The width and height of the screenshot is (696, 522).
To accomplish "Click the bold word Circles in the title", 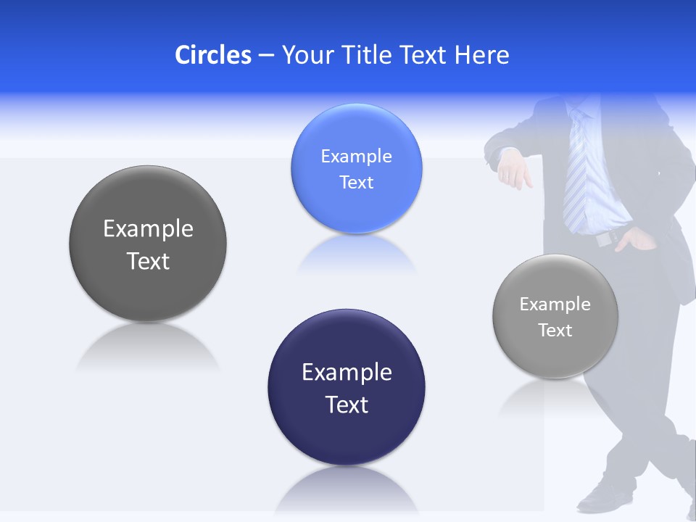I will [x=213, y=54].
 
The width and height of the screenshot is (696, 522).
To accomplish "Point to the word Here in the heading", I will [x=482, y=54].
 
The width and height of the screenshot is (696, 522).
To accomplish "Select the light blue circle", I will [x=356, y=168].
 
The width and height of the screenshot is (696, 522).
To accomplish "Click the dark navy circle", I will [x=347, y=387].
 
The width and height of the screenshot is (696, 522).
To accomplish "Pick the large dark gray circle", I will [x=148, y=244].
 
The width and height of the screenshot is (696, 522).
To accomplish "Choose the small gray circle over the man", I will [x=555, y=316].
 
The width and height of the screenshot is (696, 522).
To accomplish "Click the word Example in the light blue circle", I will [x=356, y=156].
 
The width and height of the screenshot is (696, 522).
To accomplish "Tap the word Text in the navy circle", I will [x=347, y=404].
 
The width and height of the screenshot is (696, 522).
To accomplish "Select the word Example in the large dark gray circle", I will [x=148, y=228].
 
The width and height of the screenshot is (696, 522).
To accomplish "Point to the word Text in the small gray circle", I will [x=555, y=330].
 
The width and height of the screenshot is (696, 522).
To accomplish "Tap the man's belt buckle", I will [x=603, y=238].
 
